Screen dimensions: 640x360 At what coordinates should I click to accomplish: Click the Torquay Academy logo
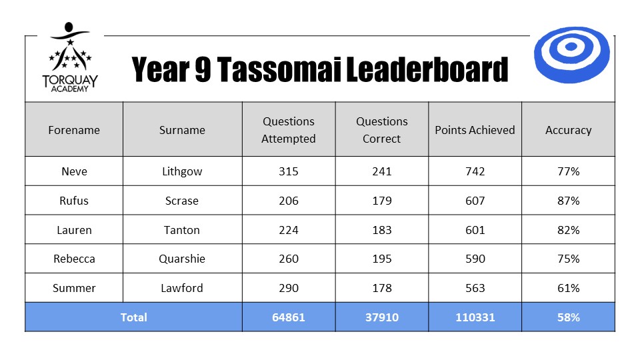tap(70, 57)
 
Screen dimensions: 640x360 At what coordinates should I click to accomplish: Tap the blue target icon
tap(571, 55)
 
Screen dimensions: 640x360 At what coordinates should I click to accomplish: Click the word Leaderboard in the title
tap(427, 69)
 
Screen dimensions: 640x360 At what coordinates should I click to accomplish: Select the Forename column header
tap(74, 130)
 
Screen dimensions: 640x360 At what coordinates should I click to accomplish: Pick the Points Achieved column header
tap(475, 130)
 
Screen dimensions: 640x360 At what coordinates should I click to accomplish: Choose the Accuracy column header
tap(568, 130)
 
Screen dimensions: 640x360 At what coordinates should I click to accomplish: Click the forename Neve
tap(74, 171)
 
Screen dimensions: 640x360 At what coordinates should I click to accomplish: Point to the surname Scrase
tap(181, 201)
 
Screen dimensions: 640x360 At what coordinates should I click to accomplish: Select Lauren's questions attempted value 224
tap(289, 230)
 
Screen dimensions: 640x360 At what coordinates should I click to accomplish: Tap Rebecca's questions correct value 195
tap(381, 259)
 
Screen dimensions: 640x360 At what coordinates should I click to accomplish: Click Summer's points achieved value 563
tap(475, 288)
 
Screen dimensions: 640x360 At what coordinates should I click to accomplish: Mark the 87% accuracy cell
tap(568, 201)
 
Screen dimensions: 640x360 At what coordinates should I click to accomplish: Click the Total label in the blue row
tap(133, 317)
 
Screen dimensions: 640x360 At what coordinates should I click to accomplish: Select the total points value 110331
tap(475, 317)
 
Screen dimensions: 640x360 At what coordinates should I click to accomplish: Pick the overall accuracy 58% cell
tap(568, 317)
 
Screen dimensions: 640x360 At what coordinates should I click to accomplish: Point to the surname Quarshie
tap(181, 259)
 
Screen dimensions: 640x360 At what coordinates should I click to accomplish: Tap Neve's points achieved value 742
tap(475, 171)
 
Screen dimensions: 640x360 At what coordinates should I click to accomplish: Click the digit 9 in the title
tap(203, 69)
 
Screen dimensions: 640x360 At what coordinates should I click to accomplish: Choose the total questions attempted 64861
tap(289, 317)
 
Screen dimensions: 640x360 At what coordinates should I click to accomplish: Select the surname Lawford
tap(181, 288)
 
